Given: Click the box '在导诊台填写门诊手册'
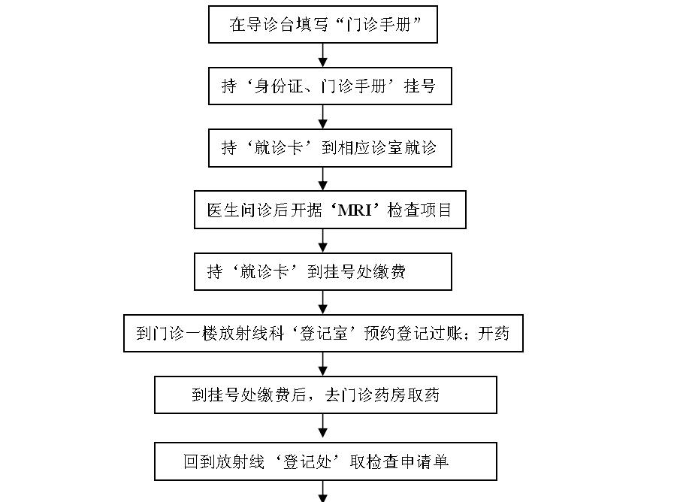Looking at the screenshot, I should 323,24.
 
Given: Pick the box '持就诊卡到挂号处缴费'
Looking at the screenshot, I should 322,271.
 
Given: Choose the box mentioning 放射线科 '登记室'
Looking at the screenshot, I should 323,333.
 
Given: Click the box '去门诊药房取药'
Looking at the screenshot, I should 325,395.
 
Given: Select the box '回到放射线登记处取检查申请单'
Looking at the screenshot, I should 325,461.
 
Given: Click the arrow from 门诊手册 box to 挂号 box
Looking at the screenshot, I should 323,56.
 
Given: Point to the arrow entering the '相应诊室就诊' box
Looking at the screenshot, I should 323,117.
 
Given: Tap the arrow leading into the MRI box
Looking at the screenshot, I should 323,179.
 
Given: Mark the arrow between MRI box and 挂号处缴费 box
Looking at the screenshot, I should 323,240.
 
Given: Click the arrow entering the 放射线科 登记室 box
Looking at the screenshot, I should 323,302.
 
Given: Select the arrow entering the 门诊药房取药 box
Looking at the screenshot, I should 323,364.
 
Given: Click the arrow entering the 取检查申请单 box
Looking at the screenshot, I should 323,428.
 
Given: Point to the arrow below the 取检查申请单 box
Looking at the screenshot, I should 323,491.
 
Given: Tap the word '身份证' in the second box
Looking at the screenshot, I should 277,86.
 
